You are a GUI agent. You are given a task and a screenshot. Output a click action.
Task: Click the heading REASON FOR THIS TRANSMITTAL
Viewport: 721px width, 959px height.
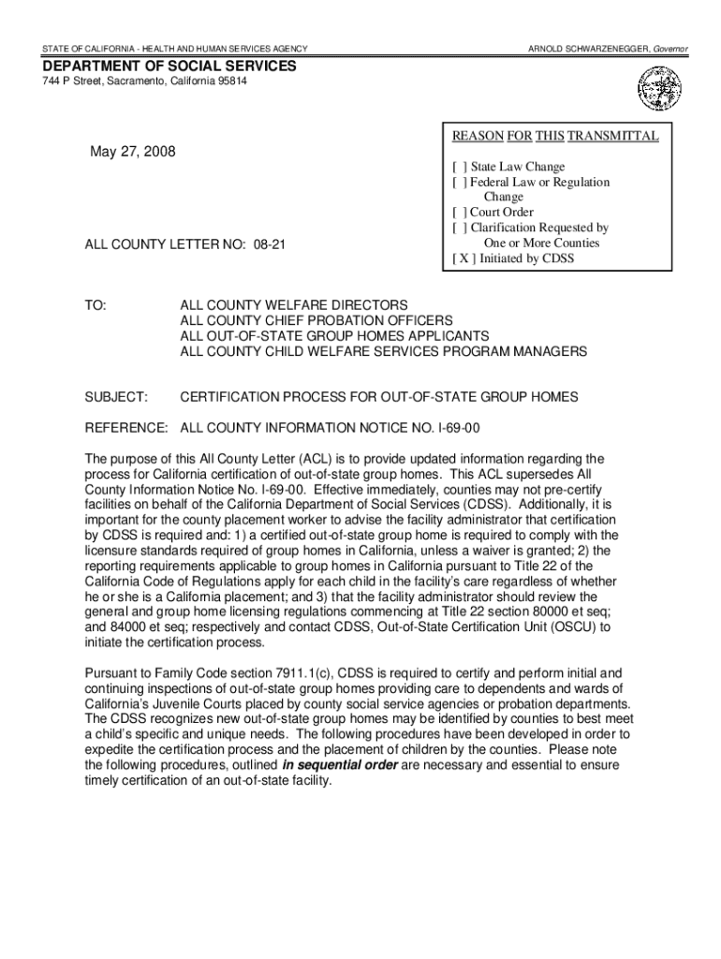click(555, 137)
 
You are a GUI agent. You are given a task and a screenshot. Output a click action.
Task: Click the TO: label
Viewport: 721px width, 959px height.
click(96, 306)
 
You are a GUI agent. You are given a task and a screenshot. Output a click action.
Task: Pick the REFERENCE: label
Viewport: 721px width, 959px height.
click(126, 428)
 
